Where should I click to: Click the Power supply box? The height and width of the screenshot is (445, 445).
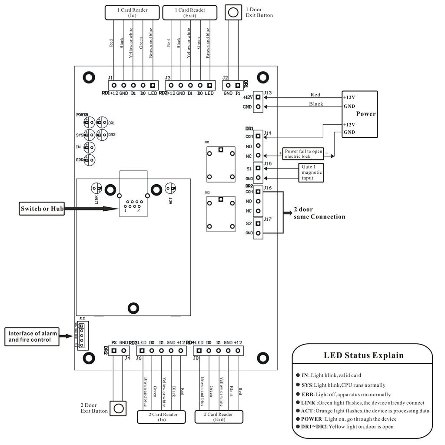(x=359, y=114)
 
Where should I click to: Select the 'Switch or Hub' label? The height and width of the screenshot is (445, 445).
(x=42, y=209)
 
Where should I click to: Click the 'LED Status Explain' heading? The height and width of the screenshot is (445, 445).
(x=363, y=355)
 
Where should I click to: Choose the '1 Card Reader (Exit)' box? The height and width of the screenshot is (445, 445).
(x=190, y=12)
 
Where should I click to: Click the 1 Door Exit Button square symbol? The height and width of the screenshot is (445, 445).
(x=233, y=12)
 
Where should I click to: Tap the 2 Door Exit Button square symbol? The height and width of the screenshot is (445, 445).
(x=119, y=408)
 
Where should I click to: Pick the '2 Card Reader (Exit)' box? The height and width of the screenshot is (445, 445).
(x=219, y=417)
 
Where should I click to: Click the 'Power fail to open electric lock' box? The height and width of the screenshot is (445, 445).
(x=304, y=153)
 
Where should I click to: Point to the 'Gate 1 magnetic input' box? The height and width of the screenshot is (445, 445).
(x=312, y=172)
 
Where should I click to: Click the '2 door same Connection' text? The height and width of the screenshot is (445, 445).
(x=319, y=213)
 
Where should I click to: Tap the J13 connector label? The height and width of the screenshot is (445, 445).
(x=268, y=92)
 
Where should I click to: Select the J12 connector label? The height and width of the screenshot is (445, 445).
(x=82, y=319)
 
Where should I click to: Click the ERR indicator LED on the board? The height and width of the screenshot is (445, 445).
(x=90, y=160)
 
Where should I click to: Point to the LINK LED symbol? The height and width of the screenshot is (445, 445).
(x=96, y=188)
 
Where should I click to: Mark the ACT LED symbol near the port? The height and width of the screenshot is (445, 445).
(x=170, y=188)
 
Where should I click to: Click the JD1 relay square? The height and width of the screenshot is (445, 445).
(x=221, y=164)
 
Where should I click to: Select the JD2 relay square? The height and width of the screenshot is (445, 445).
(x=221, y=214)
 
